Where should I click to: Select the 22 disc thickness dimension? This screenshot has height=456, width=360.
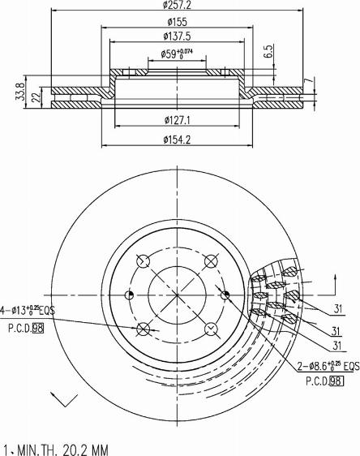pos(35,97)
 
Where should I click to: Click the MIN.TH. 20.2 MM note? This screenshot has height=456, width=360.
pos(57,448)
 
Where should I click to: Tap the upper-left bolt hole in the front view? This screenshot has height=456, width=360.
pos(144,261)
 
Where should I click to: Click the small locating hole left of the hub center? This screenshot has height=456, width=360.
pos(126,295)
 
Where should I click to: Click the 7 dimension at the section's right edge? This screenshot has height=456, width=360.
pos(308,82)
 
